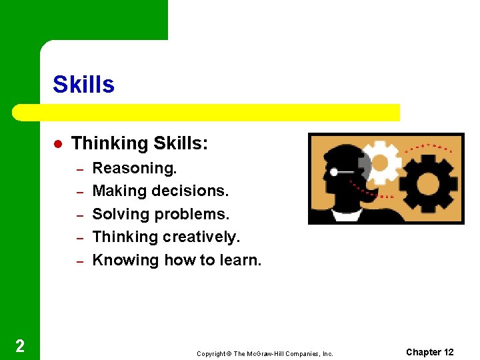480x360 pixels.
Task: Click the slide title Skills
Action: [x=83, y=85]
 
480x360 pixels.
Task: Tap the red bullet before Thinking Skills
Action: [x=58, y=144]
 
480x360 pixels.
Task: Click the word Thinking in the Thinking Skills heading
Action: [x=109, y=144]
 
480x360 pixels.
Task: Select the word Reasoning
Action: [x=134, y=169]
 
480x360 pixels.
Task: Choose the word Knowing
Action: [x=125, y=261]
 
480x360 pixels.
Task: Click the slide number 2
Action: [x=20, y=345]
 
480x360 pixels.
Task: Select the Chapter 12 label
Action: [x=429, y=352]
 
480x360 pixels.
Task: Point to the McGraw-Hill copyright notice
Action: [x=265, y=353]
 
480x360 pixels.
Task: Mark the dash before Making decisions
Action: [x=78, y=192]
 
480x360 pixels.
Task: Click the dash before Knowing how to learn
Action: [x=78, y=261]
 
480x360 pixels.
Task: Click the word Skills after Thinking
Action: [x=181, y=144]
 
